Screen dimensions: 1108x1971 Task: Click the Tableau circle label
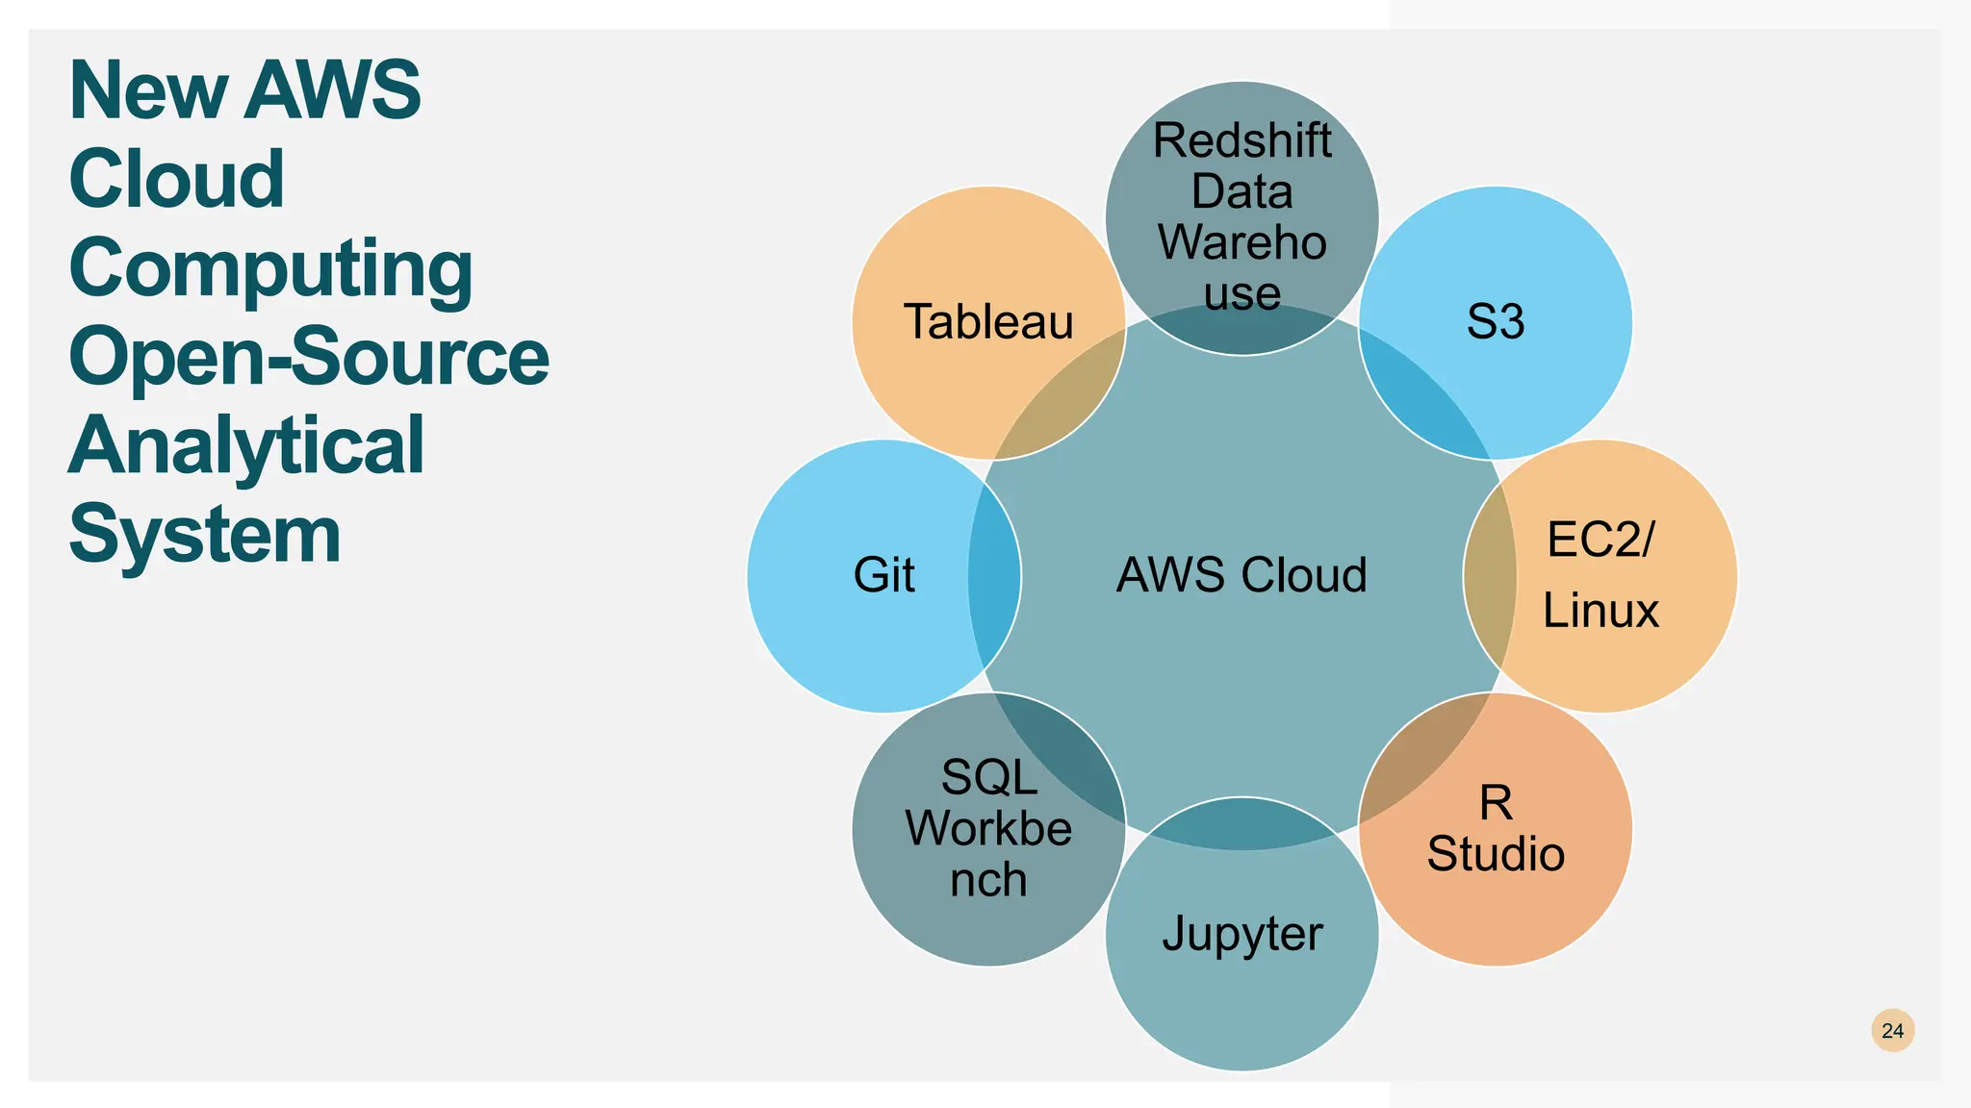click(x=988, y=321)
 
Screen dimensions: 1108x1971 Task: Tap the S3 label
click(x=1495, y=321)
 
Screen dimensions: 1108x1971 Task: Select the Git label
click(x=883, y=575)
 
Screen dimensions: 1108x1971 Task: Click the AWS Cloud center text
click(x=1241, y=575)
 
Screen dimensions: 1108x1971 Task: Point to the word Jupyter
click(x=1241, y=933)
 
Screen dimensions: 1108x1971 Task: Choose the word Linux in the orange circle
click(x=1600, y=611)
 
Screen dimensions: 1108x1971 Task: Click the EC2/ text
click(x=1600, y=540)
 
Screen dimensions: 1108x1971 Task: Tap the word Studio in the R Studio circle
click(x=1496, y=854)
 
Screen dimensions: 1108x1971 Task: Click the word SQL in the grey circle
click(x=988, y=777)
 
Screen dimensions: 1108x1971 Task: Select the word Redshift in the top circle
click(x=1241, y=141)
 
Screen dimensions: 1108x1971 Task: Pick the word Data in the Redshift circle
click(x=1241, y=191)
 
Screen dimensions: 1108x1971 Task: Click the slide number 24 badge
click(x=1892, y=1030)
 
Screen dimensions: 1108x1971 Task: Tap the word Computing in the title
click(x=270, y=268)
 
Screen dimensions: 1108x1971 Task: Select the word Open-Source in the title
click(x=308, y=357)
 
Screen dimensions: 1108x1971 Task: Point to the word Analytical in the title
click(x=245, y=445)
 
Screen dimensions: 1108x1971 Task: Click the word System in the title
click(x=205, y=535)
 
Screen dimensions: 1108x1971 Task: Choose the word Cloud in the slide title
click(x=177, y=179)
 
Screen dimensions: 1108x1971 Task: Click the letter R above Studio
click(x=1496, y=803)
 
